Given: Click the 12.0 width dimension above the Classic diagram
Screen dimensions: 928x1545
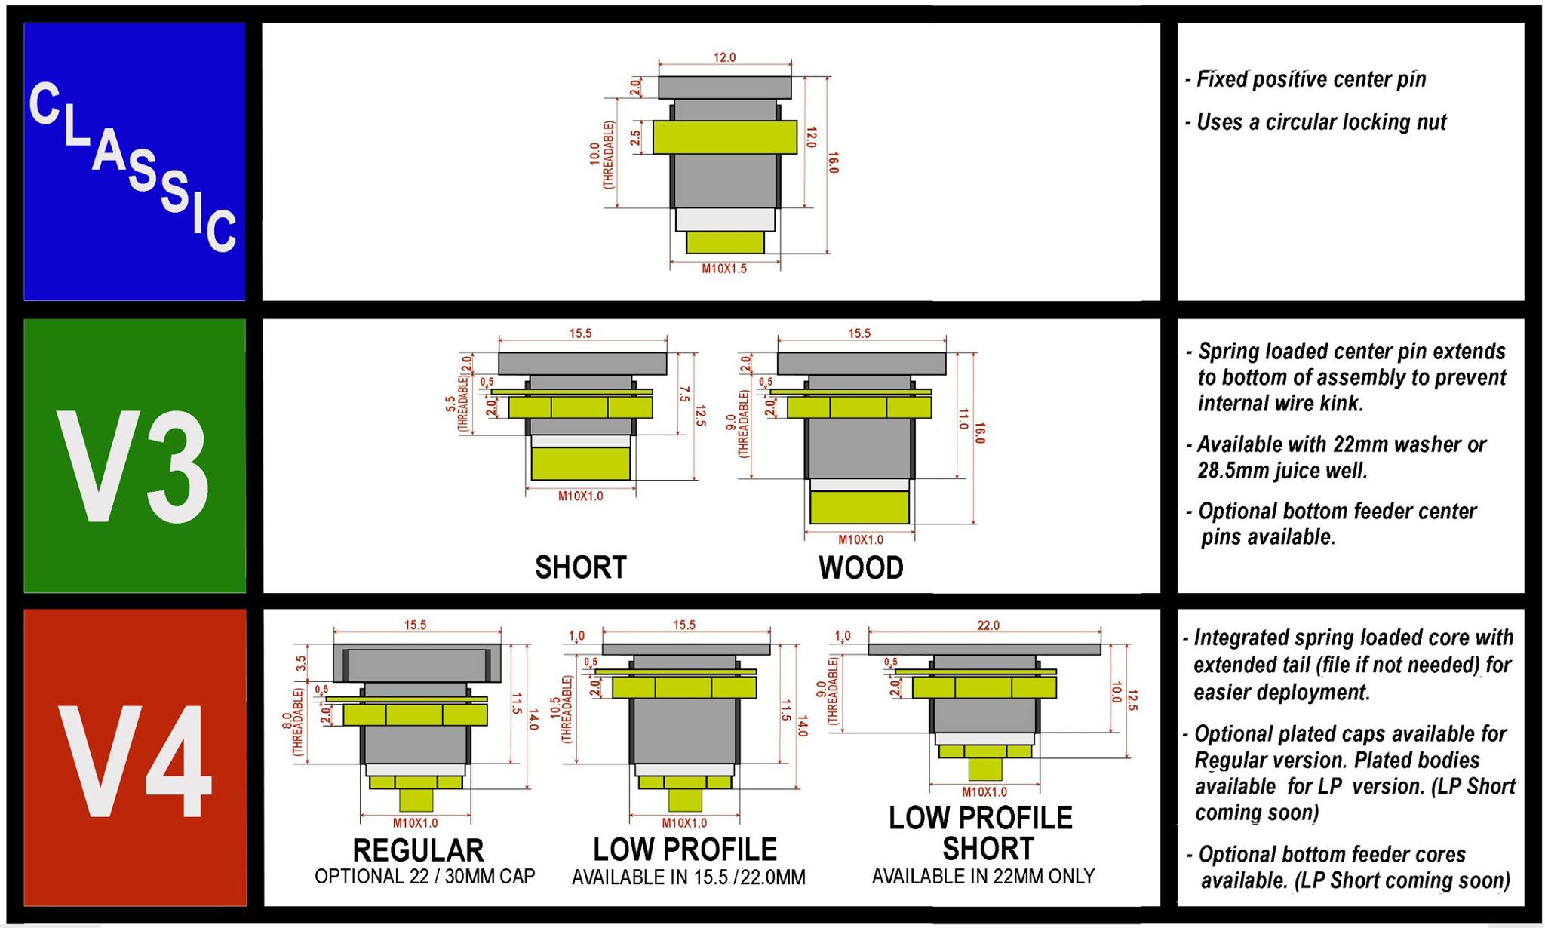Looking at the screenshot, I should [x=724, y=57].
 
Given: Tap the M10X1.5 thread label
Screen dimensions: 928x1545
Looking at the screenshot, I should [x=724, y=269].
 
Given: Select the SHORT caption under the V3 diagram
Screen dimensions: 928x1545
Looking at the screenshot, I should [x=580, y=567].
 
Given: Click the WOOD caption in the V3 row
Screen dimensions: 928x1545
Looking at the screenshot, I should [x=861, y=567].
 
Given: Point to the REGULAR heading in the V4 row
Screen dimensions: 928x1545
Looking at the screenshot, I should [x=418, y=850].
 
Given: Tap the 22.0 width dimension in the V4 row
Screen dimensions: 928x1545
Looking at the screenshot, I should [x=988, y=625].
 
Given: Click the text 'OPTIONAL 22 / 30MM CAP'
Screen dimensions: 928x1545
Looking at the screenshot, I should [x=425, y=877].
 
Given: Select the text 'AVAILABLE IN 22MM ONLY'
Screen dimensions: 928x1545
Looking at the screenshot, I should [x=983, y=877].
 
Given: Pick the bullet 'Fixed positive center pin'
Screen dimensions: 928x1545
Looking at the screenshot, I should [x=1311, y=79].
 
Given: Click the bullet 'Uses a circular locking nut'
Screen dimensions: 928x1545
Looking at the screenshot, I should [x=1321, y=122].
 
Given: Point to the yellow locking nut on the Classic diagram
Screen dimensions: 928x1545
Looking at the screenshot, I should [x=724, y=137].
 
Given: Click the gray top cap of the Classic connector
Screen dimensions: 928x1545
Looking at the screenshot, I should [x=724, y=87].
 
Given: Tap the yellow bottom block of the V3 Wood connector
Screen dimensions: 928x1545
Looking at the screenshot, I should [x=859, y=507].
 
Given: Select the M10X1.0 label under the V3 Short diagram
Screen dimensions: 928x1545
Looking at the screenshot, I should [x=580, y=496].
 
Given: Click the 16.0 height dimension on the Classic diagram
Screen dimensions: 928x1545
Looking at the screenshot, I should [x=833, y=163].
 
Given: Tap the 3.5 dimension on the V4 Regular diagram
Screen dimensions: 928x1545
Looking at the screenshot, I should [x=301, y=663].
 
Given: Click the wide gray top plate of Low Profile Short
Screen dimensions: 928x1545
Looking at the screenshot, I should [x=984, y=649].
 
